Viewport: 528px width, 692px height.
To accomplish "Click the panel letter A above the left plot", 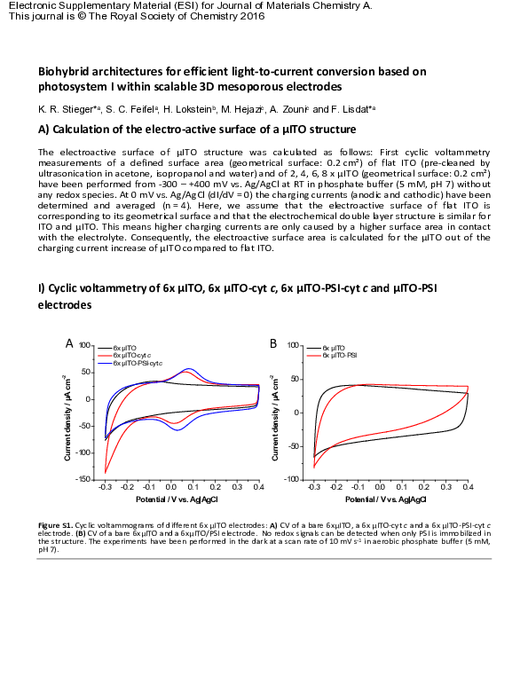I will point(69,342).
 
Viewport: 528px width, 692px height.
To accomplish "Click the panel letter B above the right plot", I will point(273,342).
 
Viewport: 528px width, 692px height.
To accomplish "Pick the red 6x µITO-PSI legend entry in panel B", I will point(338,355).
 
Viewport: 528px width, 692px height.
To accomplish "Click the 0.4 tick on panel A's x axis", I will point(258,487).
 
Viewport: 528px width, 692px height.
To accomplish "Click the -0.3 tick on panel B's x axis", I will point(313,487).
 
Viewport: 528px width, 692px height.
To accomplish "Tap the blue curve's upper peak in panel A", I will point(189,369).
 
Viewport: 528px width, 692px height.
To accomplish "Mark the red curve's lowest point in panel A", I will point(106,472).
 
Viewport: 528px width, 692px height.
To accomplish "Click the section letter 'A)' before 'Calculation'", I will point(44,130).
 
